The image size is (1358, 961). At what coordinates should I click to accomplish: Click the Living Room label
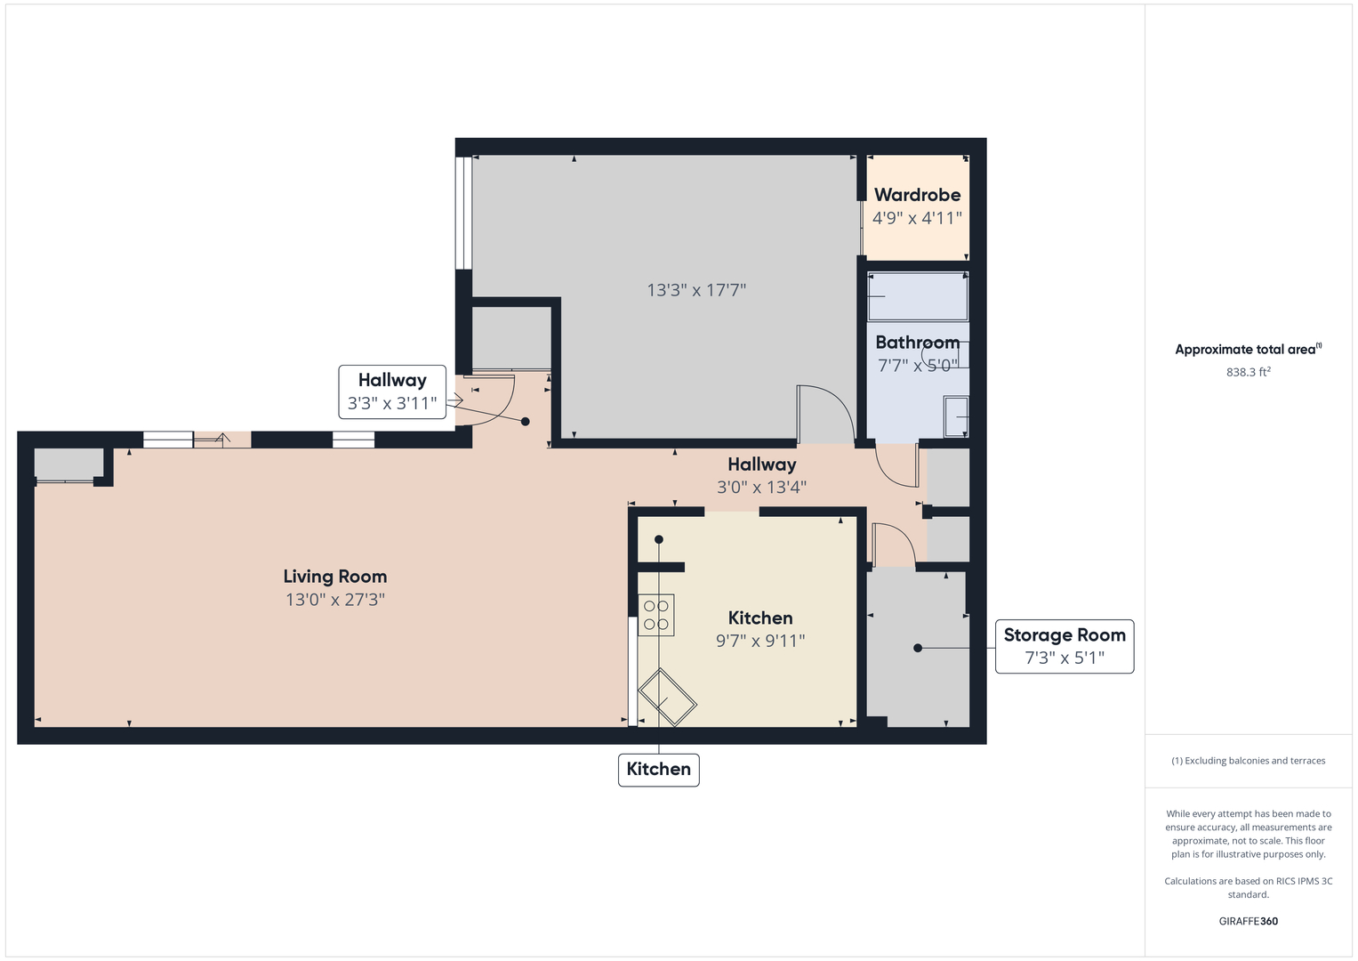(334, 577)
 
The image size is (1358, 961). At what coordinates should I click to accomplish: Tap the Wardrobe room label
(917, 195)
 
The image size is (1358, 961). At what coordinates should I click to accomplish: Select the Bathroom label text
(917, 343)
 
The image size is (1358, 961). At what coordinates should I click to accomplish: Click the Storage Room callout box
(1065, 646)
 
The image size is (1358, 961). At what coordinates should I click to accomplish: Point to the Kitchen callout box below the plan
(658, 770)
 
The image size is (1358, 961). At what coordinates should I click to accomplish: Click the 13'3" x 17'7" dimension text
(696, 290)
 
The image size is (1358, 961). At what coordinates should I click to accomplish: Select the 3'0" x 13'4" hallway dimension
(761, 488)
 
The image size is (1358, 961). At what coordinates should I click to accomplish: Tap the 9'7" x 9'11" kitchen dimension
(760, 641)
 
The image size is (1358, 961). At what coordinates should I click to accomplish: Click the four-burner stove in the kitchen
(656, 615)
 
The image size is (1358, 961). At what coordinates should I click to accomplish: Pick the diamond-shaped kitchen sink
(667, 698)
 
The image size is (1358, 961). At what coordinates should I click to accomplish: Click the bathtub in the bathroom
(917, 296)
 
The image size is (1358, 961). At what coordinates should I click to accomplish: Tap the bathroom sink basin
(956, 416)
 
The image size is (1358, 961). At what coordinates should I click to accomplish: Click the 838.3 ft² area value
(1249, 372)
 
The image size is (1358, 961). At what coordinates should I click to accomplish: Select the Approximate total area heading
(1249, 349)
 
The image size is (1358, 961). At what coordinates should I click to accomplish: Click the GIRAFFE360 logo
(1249, 921)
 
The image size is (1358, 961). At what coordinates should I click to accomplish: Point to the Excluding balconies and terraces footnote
(1249, 761)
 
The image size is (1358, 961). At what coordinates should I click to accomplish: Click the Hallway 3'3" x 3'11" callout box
(392, 392)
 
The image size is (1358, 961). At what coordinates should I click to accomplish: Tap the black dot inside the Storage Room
(918, 648)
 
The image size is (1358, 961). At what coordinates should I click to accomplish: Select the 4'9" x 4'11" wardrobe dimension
(917, 218)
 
